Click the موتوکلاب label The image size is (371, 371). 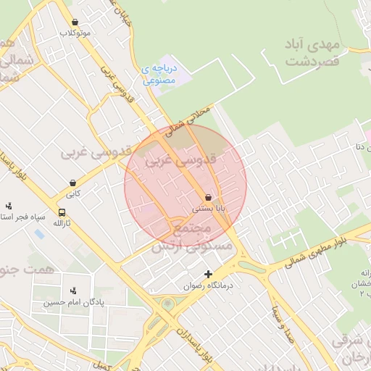(x=76, y=33)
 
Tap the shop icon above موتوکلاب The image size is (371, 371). (x=75, y=22)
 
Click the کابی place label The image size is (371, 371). (x=73, y=194)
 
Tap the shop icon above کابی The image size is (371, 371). (x=72, y=183)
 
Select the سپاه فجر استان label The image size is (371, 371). (x=22, y=217)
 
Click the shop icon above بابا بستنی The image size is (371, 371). (x=209, y=197)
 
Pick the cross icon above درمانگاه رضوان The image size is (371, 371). (x=209, y=275)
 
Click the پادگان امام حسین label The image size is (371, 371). (x=72, y=302)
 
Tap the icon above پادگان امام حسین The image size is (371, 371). (x=72, y=291)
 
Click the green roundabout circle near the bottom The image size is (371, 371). (x=168, y=304)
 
